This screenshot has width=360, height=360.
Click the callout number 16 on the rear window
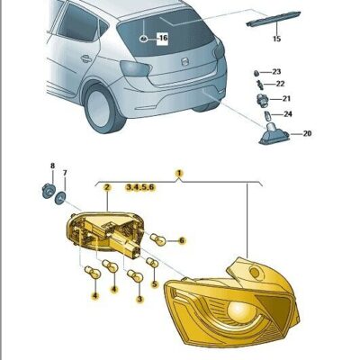point(163,38)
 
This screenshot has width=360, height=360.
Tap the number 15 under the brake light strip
point(276,39)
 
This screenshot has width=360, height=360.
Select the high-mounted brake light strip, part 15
point(274,19)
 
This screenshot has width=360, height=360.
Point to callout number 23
point(276,72)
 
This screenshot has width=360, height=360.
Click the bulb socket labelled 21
point(261,99)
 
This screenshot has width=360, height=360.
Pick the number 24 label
point(288,114)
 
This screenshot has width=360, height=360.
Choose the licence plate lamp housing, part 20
point(274,134)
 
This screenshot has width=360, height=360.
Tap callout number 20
point(307,133)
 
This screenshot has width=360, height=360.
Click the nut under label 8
point(48,191)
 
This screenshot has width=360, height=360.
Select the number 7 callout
point(65,173)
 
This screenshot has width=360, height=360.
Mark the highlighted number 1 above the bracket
point(179,173)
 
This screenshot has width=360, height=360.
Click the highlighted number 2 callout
point(107,187)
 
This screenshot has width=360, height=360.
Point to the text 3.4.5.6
point(140,187)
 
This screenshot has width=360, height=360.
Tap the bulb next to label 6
point(159,239)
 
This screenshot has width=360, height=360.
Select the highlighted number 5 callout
point(155,283)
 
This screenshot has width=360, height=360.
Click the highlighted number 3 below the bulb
point(139,299)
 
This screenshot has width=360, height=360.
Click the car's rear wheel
point(103,107)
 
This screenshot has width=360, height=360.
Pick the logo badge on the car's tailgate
point(185,62)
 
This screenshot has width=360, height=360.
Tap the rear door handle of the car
point(86,58)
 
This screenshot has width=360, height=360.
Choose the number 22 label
point(280,84)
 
